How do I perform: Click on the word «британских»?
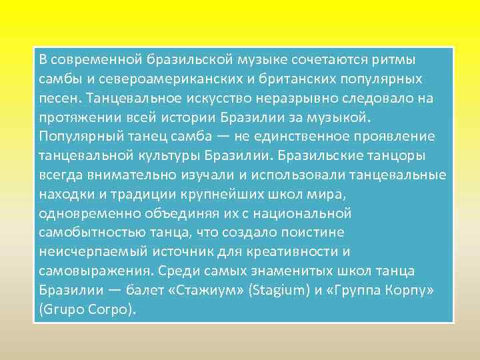pos(287,79)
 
